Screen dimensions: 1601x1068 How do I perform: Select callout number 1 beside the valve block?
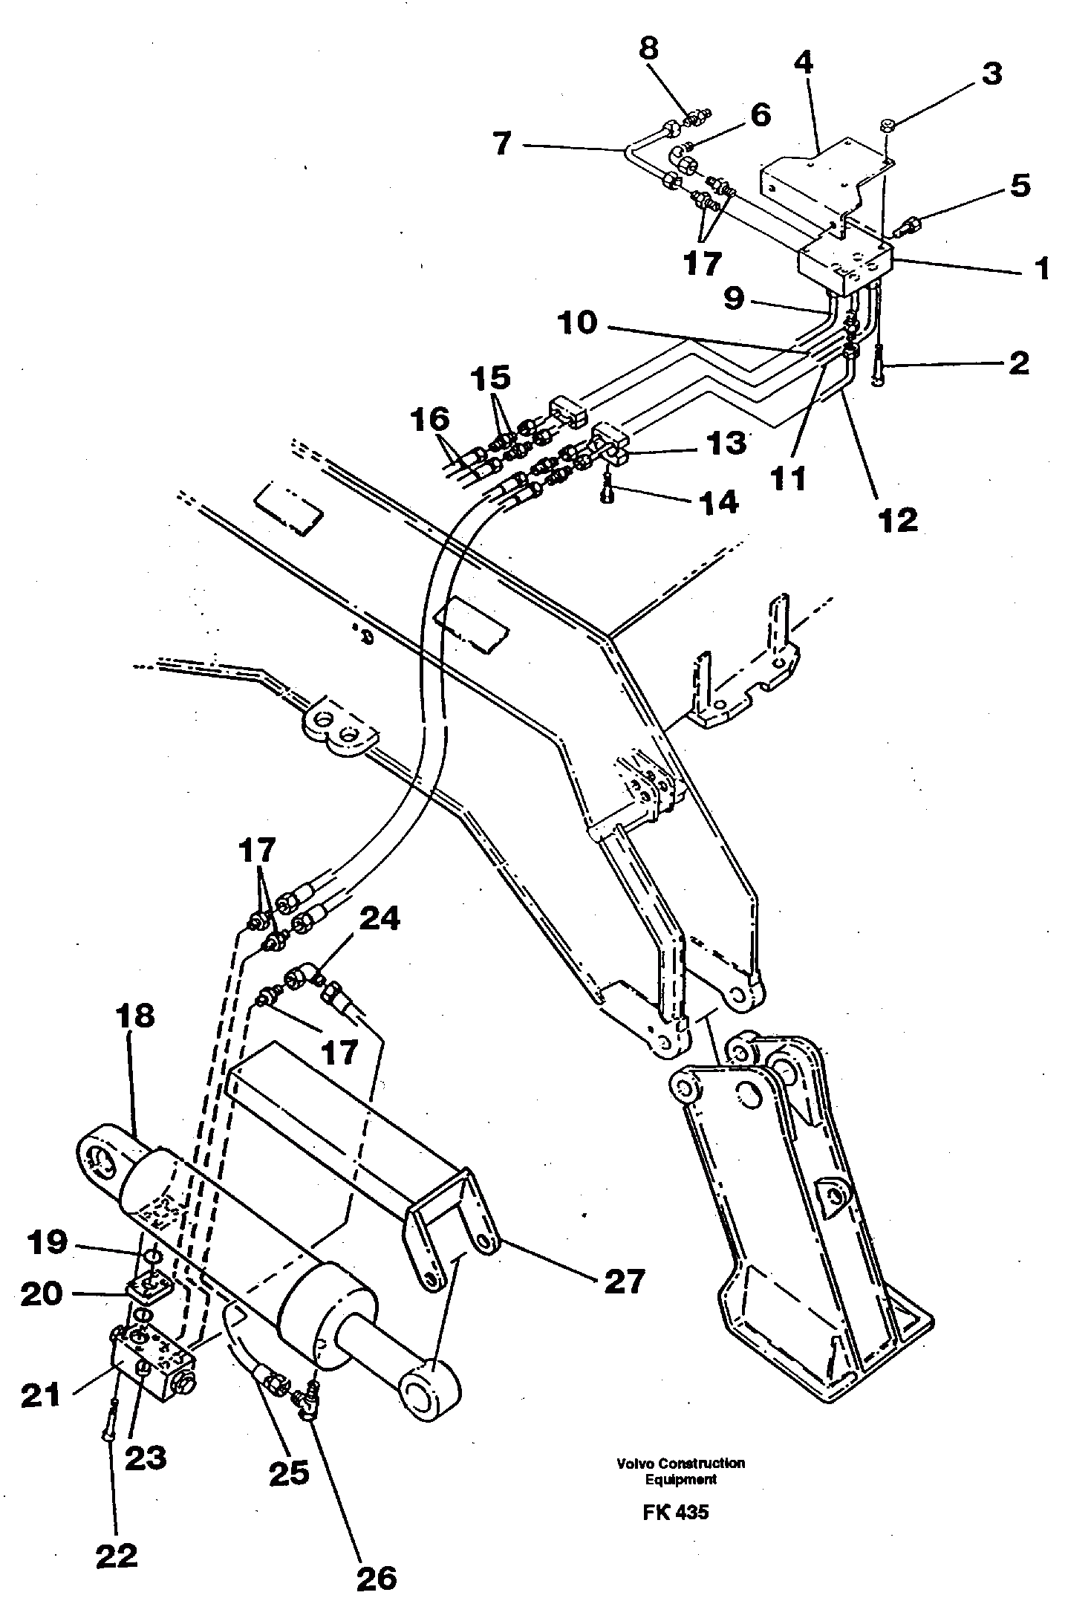pos(1042,268)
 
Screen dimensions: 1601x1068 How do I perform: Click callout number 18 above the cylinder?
pos(134,1016)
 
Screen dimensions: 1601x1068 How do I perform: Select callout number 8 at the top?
pos(648,50)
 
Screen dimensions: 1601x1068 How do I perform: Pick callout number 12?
pos(898,519)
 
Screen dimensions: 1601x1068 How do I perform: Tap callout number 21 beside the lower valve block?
pos(41,1394)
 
